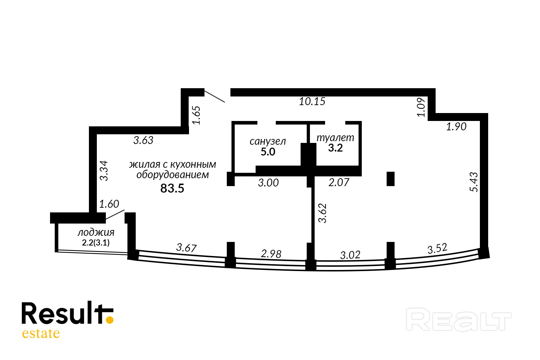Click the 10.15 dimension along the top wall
tap(312, 102)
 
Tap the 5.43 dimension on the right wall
tap(474, 182)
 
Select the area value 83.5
tap(172, 188)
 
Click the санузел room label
tap(267, 141)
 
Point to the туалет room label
tap(335, 138)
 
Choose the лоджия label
tap(96, 233)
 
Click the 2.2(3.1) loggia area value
tap(96, 243)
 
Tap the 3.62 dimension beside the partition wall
tap(323, 213)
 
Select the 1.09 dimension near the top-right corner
tap(421, 107)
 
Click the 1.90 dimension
tap(456, 127)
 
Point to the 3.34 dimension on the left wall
tap(104, 171)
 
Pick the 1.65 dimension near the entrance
tap(196, 115)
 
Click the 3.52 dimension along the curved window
tap(437, 249)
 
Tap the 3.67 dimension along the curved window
tap(186, 248)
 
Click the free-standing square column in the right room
tap(391, 179)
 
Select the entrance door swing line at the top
tap(215, 96)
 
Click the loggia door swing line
tap(115, 215)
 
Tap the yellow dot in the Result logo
tap(110, 319)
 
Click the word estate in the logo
tap(41, 333)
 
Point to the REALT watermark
tap(459, 319)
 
